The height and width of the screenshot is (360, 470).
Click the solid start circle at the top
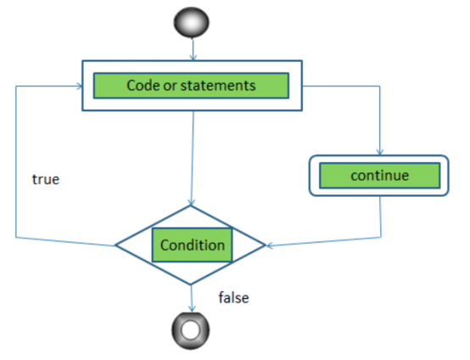(191, 24)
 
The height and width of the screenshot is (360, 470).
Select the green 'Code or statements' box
(191, 86)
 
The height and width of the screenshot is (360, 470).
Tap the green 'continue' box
(379, 177)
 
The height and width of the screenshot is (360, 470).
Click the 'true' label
(45, 180)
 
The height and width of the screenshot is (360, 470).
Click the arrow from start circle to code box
(192, 48)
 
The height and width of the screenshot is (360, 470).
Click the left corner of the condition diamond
(117, 246)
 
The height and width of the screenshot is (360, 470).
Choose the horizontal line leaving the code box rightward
(339, 86)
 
